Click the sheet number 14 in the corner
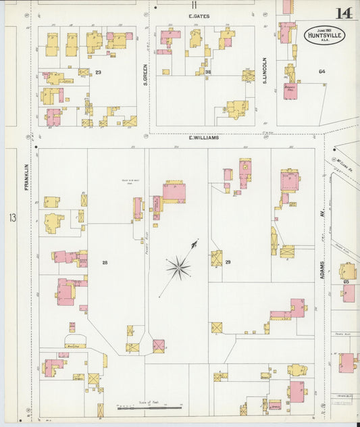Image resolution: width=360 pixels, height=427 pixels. [343, 14]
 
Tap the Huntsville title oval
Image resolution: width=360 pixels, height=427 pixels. [324, 34]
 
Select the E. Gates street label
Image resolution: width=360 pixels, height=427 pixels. [199, 15]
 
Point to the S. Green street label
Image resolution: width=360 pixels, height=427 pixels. [145, 74]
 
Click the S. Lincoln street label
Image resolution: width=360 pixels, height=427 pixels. [265, 70]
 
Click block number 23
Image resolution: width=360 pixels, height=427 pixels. [98, 72]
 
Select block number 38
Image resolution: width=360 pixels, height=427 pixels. [209, 72]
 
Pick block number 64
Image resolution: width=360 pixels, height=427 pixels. [322, 71]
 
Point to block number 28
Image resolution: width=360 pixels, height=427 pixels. [105, 262]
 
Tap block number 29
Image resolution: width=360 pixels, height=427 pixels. [228, 262]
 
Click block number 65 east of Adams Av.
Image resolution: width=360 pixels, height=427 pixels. [345, 281]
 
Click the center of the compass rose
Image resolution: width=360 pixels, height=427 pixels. [179, 268]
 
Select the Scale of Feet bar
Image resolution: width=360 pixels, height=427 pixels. [149, 407]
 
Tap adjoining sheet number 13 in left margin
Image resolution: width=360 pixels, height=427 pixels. [12, 218]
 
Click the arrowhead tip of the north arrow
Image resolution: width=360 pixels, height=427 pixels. [197, 241]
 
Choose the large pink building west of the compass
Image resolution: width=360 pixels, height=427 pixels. [174, 191]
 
